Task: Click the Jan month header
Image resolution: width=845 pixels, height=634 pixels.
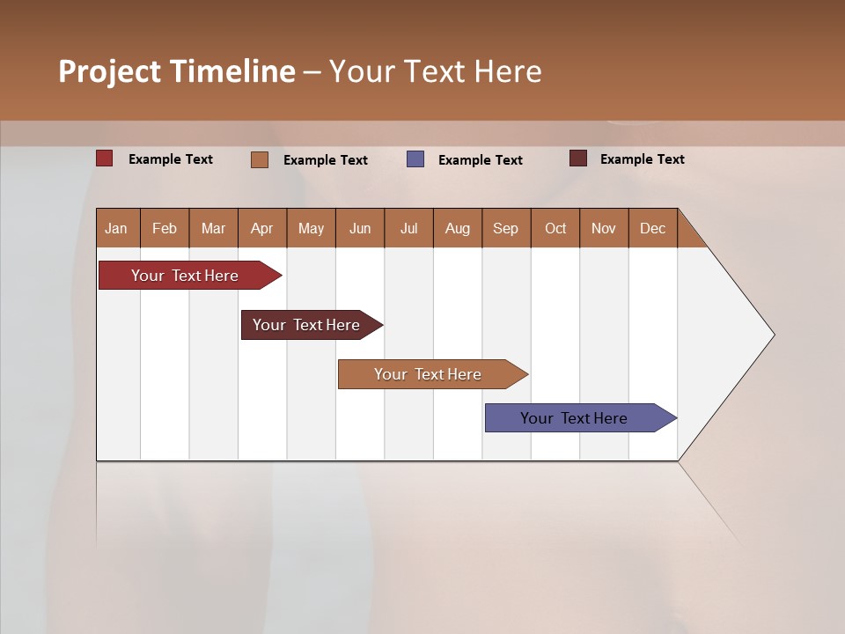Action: [x=116, y=228]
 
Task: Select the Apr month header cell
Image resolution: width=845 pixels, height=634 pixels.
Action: [x=261, y=228]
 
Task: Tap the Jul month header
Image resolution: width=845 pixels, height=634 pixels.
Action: [x=408, y=228]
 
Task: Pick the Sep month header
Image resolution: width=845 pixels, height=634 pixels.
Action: [x=505, y=228]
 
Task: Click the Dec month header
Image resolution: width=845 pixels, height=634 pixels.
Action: [x=652, y=228]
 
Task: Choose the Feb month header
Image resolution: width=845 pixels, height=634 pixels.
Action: [x=165, y=228]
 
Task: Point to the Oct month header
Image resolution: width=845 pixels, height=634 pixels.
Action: [x=555, y=228]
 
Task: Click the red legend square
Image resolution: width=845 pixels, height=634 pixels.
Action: [x=104, y=158]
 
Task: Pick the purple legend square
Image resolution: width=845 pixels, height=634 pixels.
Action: [x=415, y=159]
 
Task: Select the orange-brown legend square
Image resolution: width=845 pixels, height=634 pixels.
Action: [x=260, y=159]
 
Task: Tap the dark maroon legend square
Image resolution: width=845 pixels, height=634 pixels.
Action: [x=578, y=158]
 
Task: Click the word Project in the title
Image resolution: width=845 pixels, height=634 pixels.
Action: [x=108, y=71]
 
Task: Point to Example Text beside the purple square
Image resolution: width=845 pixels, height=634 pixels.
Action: [x=480, y=160]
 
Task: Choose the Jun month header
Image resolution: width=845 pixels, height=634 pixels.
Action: [x=359, y=228]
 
